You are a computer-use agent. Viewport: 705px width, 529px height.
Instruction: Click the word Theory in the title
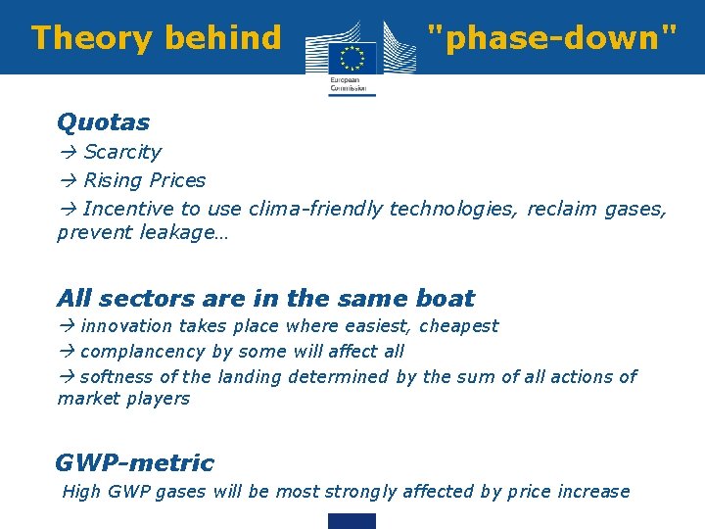click(83, 38)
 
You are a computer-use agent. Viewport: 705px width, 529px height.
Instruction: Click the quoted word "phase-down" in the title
click(552, 38)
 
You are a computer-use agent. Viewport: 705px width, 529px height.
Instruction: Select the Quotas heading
click(103, 122)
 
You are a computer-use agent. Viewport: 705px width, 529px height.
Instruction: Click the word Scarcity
click(122, 152)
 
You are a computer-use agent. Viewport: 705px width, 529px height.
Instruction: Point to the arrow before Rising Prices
click(67, 180)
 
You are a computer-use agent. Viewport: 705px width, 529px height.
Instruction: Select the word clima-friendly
click(315, 208)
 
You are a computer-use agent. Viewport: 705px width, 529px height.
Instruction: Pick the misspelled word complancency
click(143, 351)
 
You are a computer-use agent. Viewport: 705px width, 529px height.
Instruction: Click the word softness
click(116, 376)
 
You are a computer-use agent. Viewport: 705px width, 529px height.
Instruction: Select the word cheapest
click(460, 326)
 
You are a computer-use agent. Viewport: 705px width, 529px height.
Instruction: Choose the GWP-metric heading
click(134, 462)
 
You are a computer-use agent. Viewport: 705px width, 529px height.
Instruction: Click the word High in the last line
click(80, 492)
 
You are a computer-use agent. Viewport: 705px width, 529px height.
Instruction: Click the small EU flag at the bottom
click(352, 520)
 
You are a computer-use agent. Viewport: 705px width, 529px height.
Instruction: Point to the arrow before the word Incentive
click(67, 208)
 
